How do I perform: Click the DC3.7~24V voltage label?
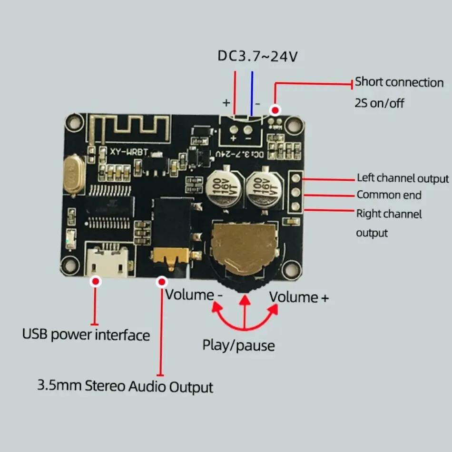coord(258,56)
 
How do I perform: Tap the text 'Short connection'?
coord(399,82)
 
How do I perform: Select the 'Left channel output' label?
coord(403,178)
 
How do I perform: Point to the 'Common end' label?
coord(389,195)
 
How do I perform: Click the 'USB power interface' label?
coord(86,334)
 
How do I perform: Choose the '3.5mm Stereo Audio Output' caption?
coord(125,385)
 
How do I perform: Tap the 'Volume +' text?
coord(299,297)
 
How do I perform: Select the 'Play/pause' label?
coord(238,345)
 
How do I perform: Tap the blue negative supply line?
coord(252,93)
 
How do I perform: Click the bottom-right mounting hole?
coord(291,270)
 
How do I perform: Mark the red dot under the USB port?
coord(96,282)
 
